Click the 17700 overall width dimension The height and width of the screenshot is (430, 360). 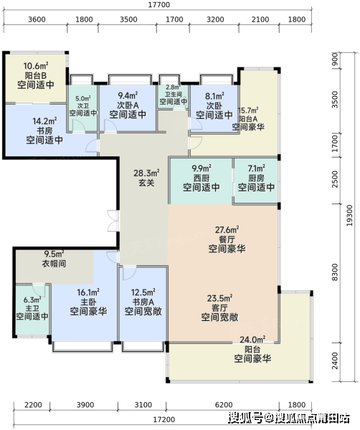click(x=159, y=5)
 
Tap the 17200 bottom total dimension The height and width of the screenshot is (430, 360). click(x=164, y=419)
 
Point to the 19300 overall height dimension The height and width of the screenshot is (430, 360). click(x=349, y=215)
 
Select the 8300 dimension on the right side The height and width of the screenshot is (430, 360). click(x=335, y=272)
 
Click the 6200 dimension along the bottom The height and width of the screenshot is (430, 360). click(x=224, y=405)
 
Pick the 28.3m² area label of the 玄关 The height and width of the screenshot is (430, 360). click(x=146, y=173)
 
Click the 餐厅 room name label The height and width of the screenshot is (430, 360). click(x=227, y=239)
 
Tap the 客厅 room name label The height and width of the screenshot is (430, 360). click(x=219, y=307)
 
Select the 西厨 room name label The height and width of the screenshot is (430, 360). click(x=202, y=178)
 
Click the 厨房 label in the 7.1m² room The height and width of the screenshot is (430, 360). click(x=256, y=178)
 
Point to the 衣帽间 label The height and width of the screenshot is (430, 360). click(x=54, y=264)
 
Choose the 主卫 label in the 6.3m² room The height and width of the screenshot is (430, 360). click(x=32, y=308)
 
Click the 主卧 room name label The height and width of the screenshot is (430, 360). click(x=88, y=302)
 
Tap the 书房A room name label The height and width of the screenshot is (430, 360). click(x=143, y=302)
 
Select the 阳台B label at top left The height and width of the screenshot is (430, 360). click(x=36, y=75)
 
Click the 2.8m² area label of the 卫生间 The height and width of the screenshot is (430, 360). click(x=173, y=87)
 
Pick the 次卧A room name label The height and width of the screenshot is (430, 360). click(x=128, y=105)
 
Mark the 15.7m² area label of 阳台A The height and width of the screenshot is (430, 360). click(x=248, y=110)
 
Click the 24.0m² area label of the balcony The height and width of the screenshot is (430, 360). click(x=252, y=340)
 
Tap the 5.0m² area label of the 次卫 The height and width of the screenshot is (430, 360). click(x=83, y=98)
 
